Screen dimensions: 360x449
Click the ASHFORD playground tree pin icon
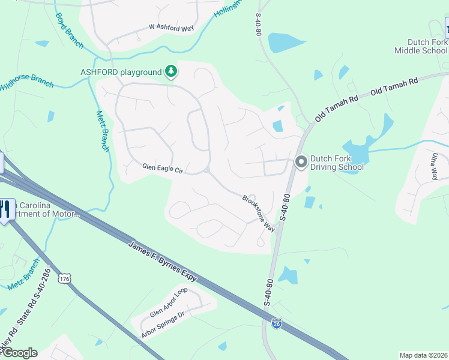[x=171, y=72]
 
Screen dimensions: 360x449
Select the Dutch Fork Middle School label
[x=421, y=46]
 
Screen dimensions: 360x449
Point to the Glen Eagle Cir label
[x=162, y=169]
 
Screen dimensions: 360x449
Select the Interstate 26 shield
[x=276, y=322]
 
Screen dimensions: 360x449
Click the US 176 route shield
[x=64, y=278]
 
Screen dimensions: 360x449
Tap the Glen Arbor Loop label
[x=169, y=302]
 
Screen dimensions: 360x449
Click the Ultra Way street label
[x=433, y=166]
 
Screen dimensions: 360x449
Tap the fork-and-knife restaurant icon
[x=5, y=209]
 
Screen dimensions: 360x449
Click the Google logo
[x=20, y=353]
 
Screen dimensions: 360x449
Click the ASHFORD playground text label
[x=121, y=73]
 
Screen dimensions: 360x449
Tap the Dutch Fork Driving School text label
[x=337, y=163]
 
